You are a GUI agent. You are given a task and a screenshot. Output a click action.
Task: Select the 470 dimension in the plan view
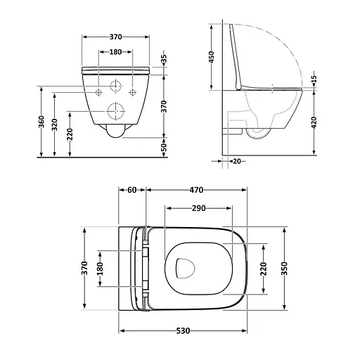[x=196, y=190]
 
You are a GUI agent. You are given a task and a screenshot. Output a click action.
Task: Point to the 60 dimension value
[x=131, y=190]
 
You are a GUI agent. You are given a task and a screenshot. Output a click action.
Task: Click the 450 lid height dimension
[x=213, y=56]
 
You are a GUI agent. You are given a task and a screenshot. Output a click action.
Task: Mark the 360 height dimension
[x=42, y=122]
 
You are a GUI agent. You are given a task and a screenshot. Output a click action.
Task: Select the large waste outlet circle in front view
[x=115, y=110]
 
